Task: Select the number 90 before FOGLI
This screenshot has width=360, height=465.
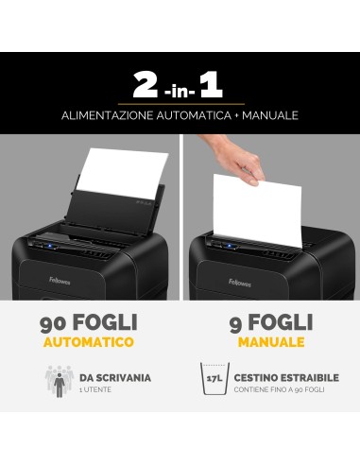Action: [x=54, y=323]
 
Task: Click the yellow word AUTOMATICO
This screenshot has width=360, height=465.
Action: [x=89, y=342]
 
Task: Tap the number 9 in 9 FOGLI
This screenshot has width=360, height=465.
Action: [x=236, y=323]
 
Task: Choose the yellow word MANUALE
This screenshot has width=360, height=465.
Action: [x=270, y=342]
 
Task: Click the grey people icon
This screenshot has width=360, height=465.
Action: [x=60, y=381]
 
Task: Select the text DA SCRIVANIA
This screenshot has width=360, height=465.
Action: [x=115, y=377]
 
